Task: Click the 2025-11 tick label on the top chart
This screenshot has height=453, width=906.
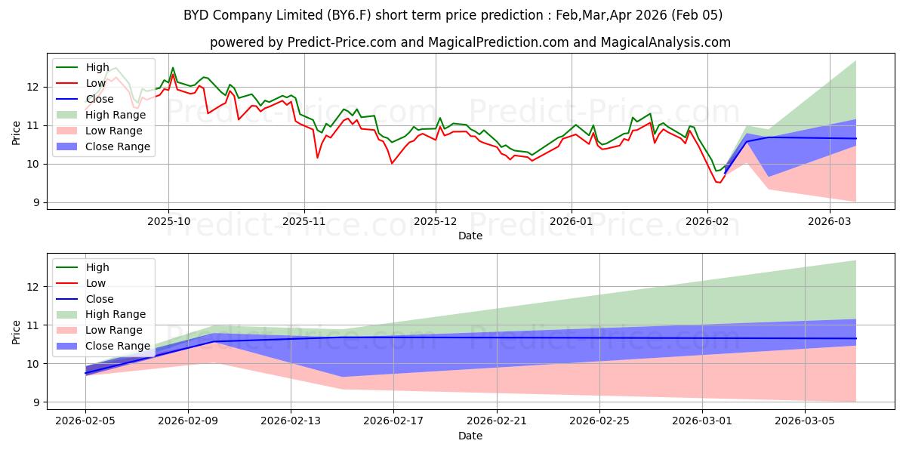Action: [304, 221]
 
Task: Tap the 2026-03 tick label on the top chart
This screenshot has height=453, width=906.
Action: [830, 221]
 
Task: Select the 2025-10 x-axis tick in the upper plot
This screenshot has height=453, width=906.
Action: [168, 221]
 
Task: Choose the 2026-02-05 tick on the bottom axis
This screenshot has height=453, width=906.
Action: [85, 421]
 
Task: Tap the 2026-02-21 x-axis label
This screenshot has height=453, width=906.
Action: [497, 421]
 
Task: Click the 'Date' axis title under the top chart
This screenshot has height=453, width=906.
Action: [470, 236]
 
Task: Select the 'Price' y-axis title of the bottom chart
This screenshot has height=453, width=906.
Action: [17, 331]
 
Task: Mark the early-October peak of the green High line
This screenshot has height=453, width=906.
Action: [173, 68]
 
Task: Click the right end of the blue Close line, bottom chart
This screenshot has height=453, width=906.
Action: [856, 338]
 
